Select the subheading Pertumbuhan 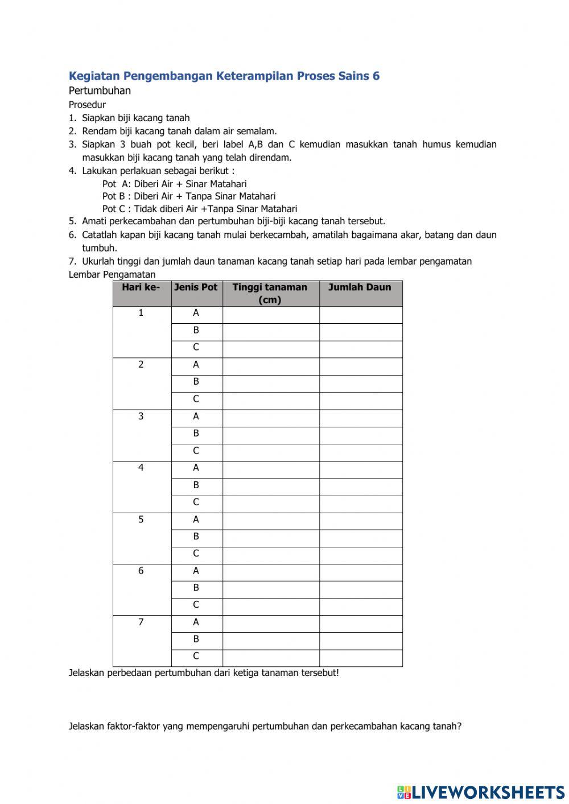coord(100,90)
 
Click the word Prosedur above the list coord(87,105)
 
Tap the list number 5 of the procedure coord(72,221)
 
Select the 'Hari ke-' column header coord(141,287)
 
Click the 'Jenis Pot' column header coord(196,287)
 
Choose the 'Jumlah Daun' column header coord(360,287)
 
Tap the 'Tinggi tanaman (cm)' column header coord(270,293)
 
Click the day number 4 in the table coord(141,468)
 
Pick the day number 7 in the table coord(141,622)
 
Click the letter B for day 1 coord(196,330)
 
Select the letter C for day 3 coord(196,451)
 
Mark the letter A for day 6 coord(196,571)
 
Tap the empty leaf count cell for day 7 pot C coord(360,658)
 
